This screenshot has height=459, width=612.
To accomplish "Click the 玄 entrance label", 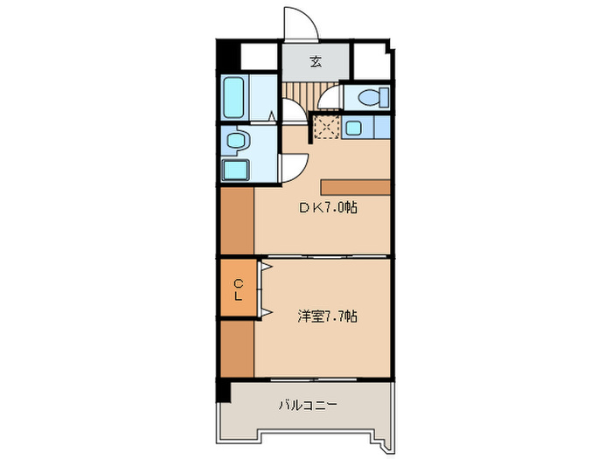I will coord(315,62).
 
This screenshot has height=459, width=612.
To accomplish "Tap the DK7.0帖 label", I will coord(330,207).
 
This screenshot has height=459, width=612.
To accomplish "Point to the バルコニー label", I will coord(308,405).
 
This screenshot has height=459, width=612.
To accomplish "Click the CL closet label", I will coord(238,289).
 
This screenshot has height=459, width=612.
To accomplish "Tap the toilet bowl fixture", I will coord(369,97).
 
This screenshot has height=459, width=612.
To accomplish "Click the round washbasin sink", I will coord(234,140).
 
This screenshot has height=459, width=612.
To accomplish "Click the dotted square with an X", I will coord(325,128).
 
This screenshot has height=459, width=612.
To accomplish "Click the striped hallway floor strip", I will coord(299,94).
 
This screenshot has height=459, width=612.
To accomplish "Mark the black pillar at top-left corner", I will coord(227,56).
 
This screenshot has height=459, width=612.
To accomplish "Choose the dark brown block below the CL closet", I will coord(236,349).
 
